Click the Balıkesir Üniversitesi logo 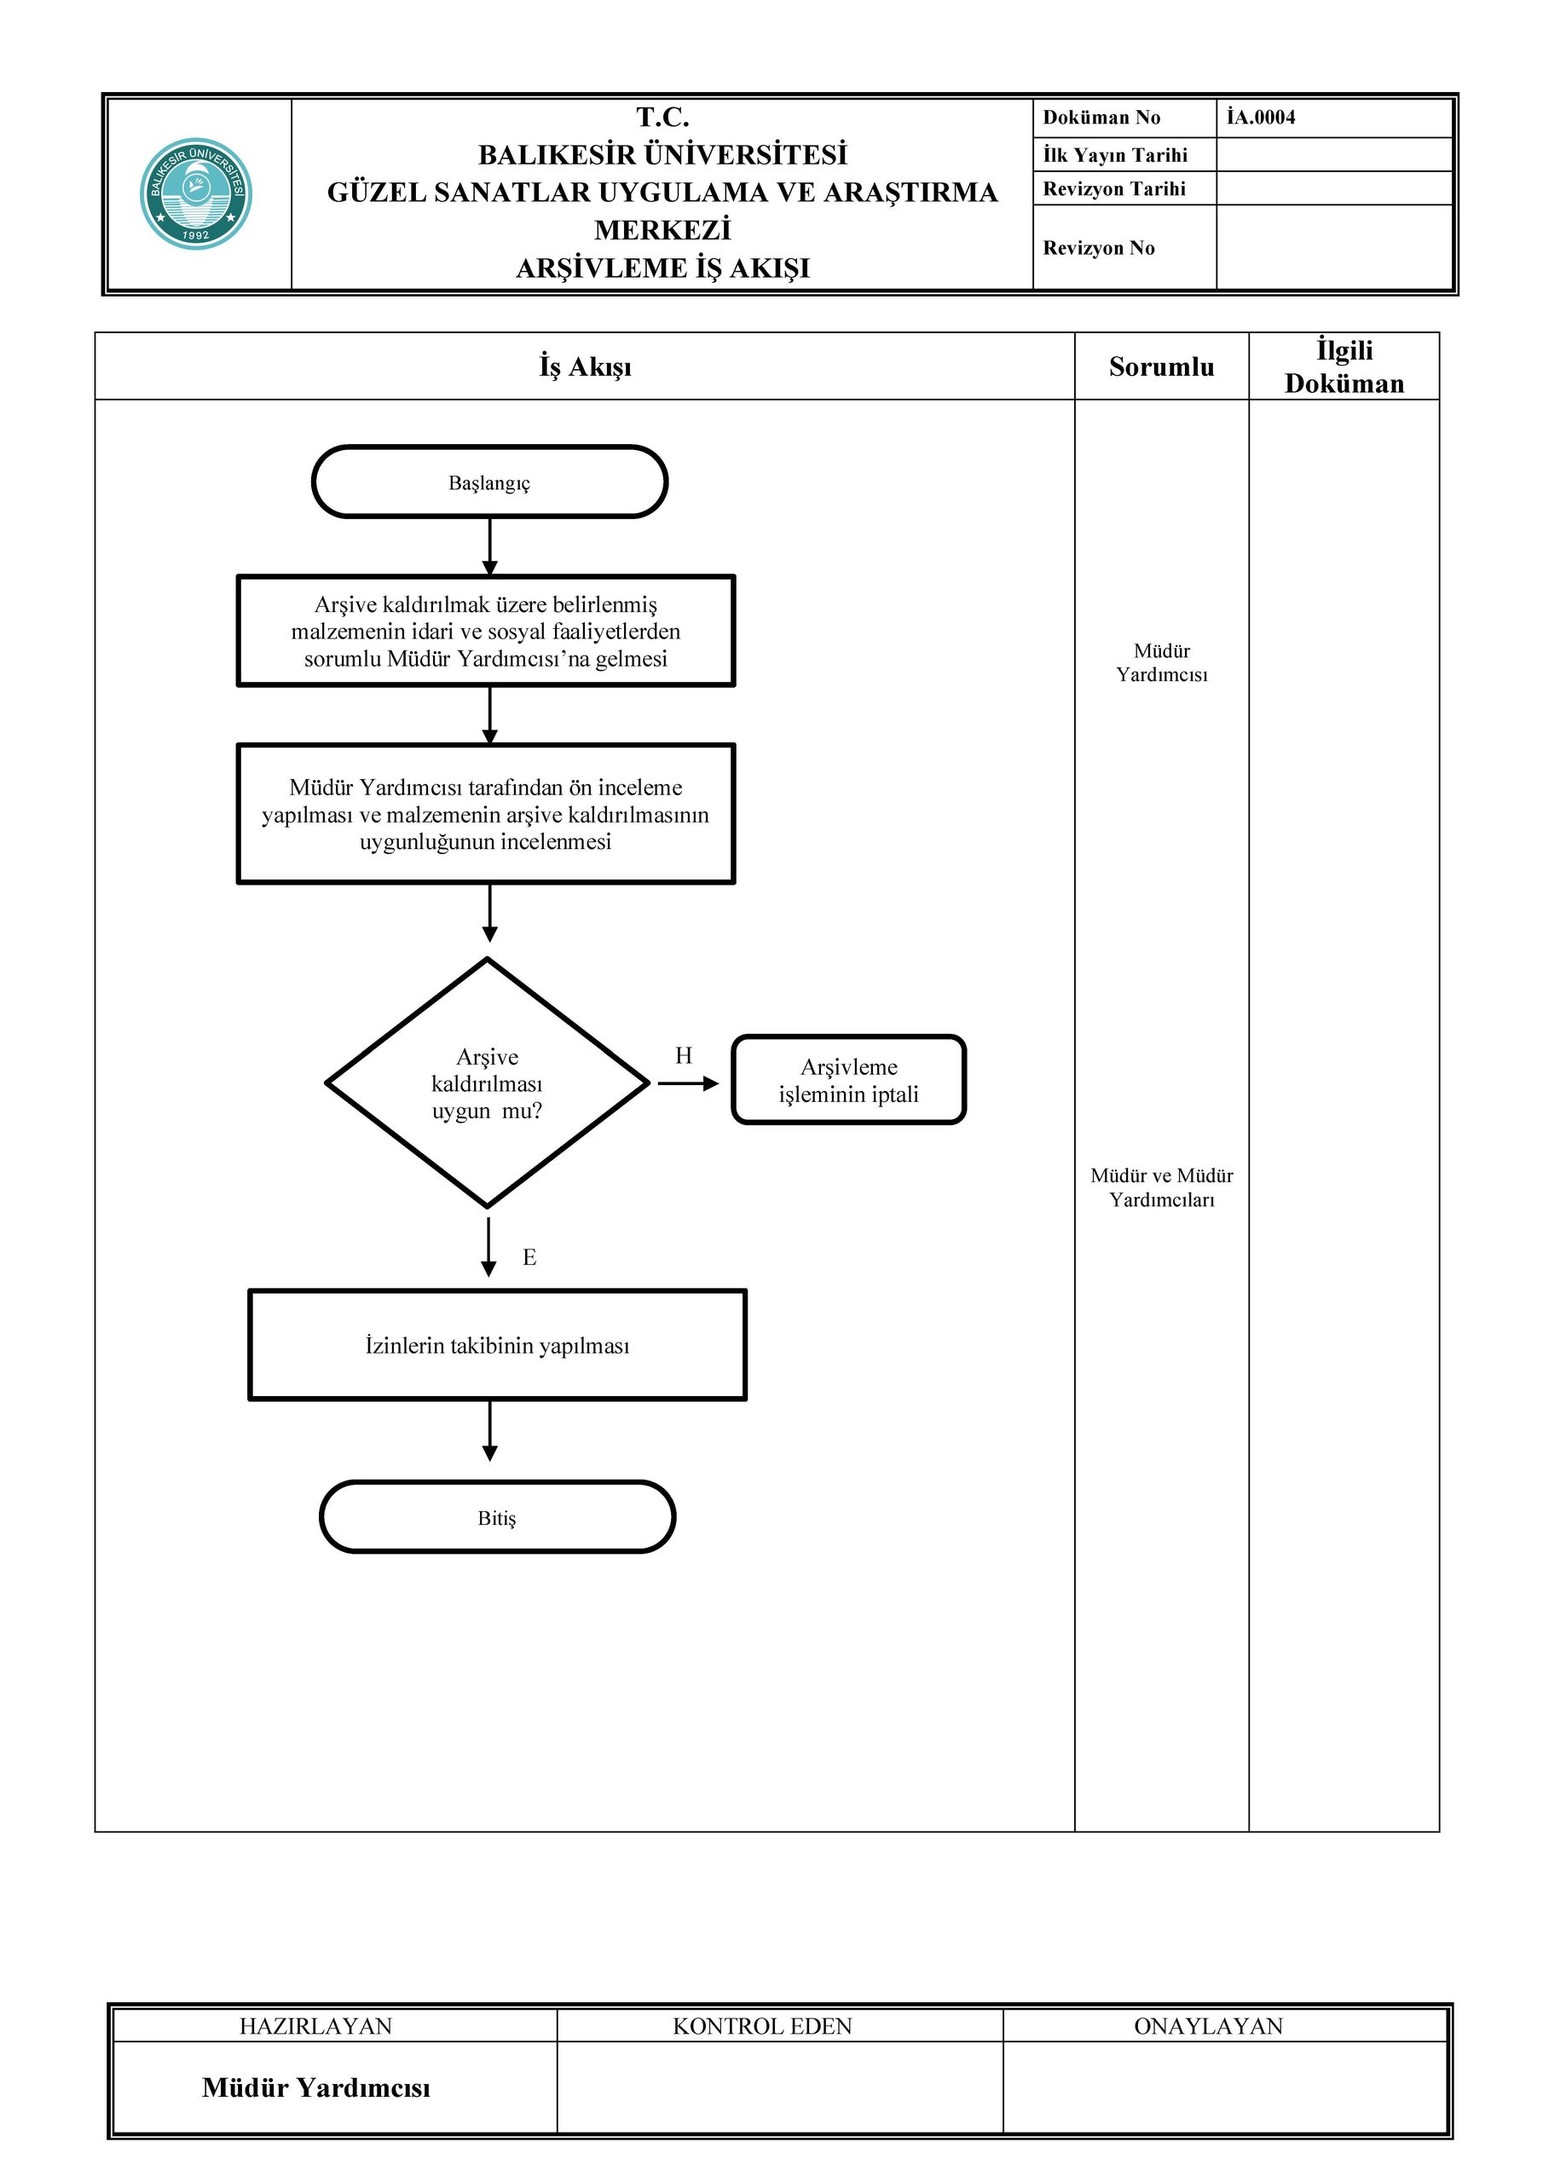coord(196,193)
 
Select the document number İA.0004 coord(1261,117)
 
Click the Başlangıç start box coord(489,482)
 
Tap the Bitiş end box coord(497,1517)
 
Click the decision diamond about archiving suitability coord(488,1082)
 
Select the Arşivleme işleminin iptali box coord(849,1081)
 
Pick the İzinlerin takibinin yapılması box coord(497,1345)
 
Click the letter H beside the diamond coord(684,1055)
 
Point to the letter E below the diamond coord(529,1257)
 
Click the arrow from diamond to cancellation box coord(688,1083)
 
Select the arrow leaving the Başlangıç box coord(489,546)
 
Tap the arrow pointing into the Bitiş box coord(489,1431)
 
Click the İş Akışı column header coord(585,367)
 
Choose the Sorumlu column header coord(1161,367)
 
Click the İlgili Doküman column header coord(1344,367)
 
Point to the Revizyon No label coord(1098,248)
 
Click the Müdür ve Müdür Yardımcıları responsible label coord(1162,1187)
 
